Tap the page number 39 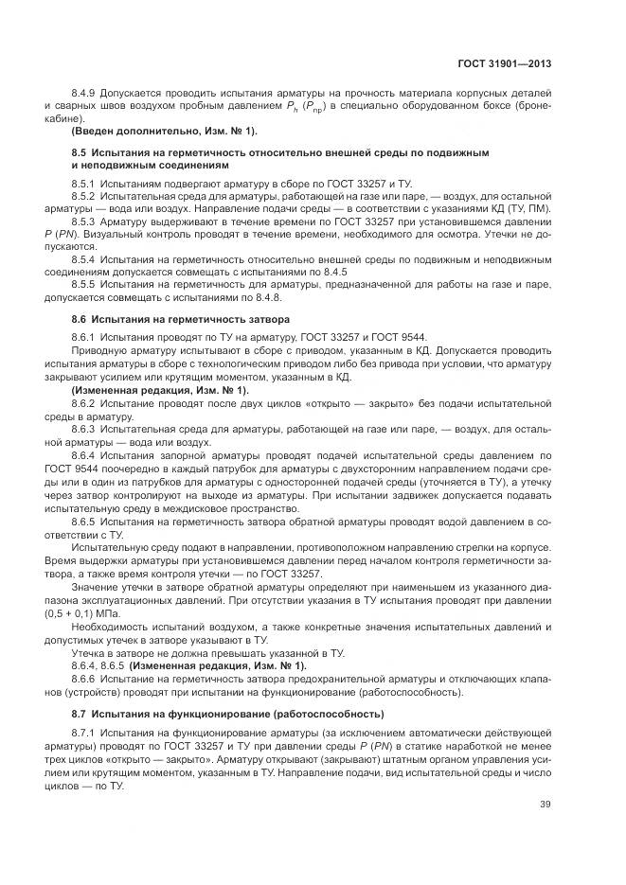(x=545, y=805)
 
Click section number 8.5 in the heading (x=80, y=151)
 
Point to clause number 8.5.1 (x=84, y=182)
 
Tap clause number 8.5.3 (x=84, y=220)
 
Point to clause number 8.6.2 (x=84, y=402)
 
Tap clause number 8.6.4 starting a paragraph (x=84, y=454)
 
